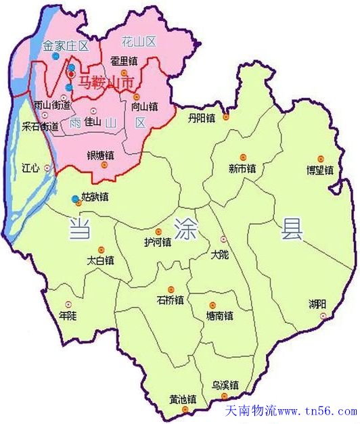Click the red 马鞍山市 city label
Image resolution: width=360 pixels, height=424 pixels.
click(x=104, y=84)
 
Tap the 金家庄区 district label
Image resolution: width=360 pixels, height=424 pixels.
click(x=66, y=46)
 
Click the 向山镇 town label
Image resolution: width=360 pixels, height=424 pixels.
click(x=145, y=106)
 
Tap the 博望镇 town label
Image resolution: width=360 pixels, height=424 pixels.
click(x=320, y=170)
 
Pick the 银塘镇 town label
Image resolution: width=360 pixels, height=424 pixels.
click(x=100, y=156)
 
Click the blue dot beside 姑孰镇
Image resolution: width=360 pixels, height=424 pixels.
click(x=75, y=199)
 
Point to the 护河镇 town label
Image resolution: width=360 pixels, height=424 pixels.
click(x=158, y=242)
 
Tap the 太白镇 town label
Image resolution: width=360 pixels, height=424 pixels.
click(x=101, y=260)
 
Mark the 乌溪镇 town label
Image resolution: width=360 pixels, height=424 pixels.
click(x=225, y=385)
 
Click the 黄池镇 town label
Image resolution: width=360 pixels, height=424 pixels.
click(x=182, y=398)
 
